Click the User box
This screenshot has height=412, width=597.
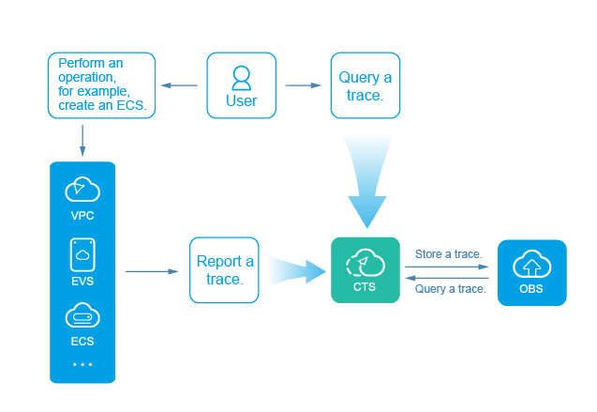pos(241,85)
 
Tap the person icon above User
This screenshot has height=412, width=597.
pos(241,76)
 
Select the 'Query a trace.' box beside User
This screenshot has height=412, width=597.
pos(365,85)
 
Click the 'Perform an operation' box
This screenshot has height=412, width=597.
pos(101,85)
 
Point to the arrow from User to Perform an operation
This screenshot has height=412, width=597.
pos(179,85)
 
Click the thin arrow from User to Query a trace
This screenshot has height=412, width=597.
pos(303,85)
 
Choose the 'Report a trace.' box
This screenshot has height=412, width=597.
pos(225,270)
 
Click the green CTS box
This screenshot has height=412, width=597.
pos(366,270)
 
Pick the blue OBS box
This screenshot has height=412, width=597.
pos(531,272)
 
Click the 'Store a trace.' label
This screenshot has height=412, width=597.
pos(449,254)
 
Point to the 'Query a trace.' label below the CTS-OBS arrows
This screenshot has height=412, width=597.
pos(450,289)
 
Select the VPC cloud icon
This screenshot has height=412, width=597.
pos(82,191)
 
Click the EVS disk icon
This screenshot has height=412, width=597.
pos(82,254)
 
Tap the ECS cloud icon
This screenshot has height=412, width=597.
pos(82,316)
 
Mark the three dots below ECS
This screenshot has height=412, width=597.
pos(82,364)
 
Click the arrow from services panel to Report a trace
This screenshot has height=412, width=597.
pos(151,271)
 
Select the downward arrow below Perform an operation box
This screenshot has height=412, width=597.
pos(82,139)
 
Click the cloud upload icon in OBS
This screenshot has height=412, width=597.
pos(531,263)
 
